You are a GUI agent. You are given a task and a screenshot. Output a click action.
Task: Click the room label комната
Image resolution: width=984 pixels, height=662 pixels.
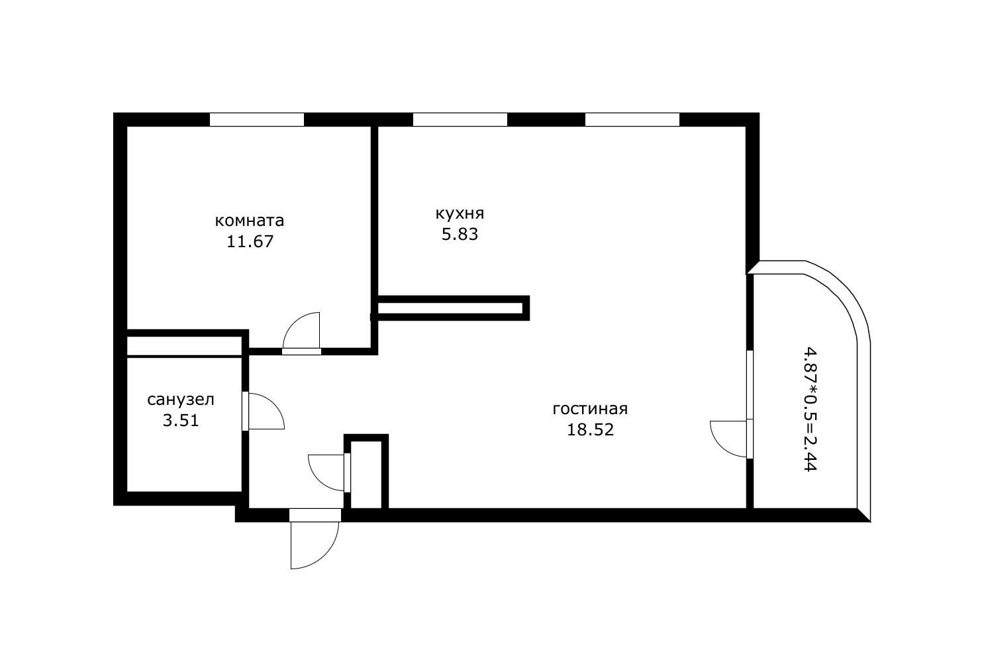[249, 221]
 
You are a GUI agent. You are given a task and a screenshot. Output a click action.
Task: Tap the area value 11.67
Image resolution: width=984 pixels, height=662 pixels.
[250, 241]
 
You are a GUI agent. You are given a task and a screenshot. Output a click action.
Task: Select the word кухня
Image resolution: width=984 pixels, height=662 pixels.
[460, 213]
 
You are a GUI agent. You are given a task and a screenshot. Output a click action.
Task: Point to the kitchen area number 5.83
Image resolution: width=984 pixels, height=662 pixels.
[460, 234]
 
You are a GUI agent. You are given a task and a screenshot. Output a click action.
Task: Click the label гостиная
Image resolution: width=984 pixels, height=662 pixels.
[589, 409]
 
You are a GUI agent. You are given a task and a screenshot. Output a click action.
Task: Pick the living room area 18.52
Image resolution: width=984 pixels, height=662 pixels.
[590, 429]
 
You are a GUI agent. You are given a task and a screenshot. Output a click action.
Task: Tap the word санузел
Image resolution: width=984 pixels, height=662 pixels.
[180, 400]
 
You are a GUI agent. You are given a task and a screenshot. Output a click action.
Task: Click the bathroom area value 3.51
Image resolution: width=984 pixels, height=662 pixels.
[180, 420]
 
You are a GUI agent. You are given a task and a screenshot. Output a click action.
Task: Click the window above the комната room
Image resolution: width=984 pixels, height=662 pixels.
[256, 120]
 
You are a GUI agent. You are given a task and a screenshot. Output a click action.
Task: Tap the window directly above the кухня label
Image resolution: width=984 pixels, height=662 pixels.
[460, 120]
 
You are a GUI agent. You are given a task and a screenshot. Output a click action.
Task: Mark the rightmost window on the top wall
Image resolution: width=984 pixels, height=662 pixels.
[632, 120]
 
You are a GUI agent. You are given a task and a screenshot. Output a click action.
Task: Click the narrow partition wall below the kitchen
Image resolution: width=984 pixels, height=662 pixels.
[452, 308]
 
